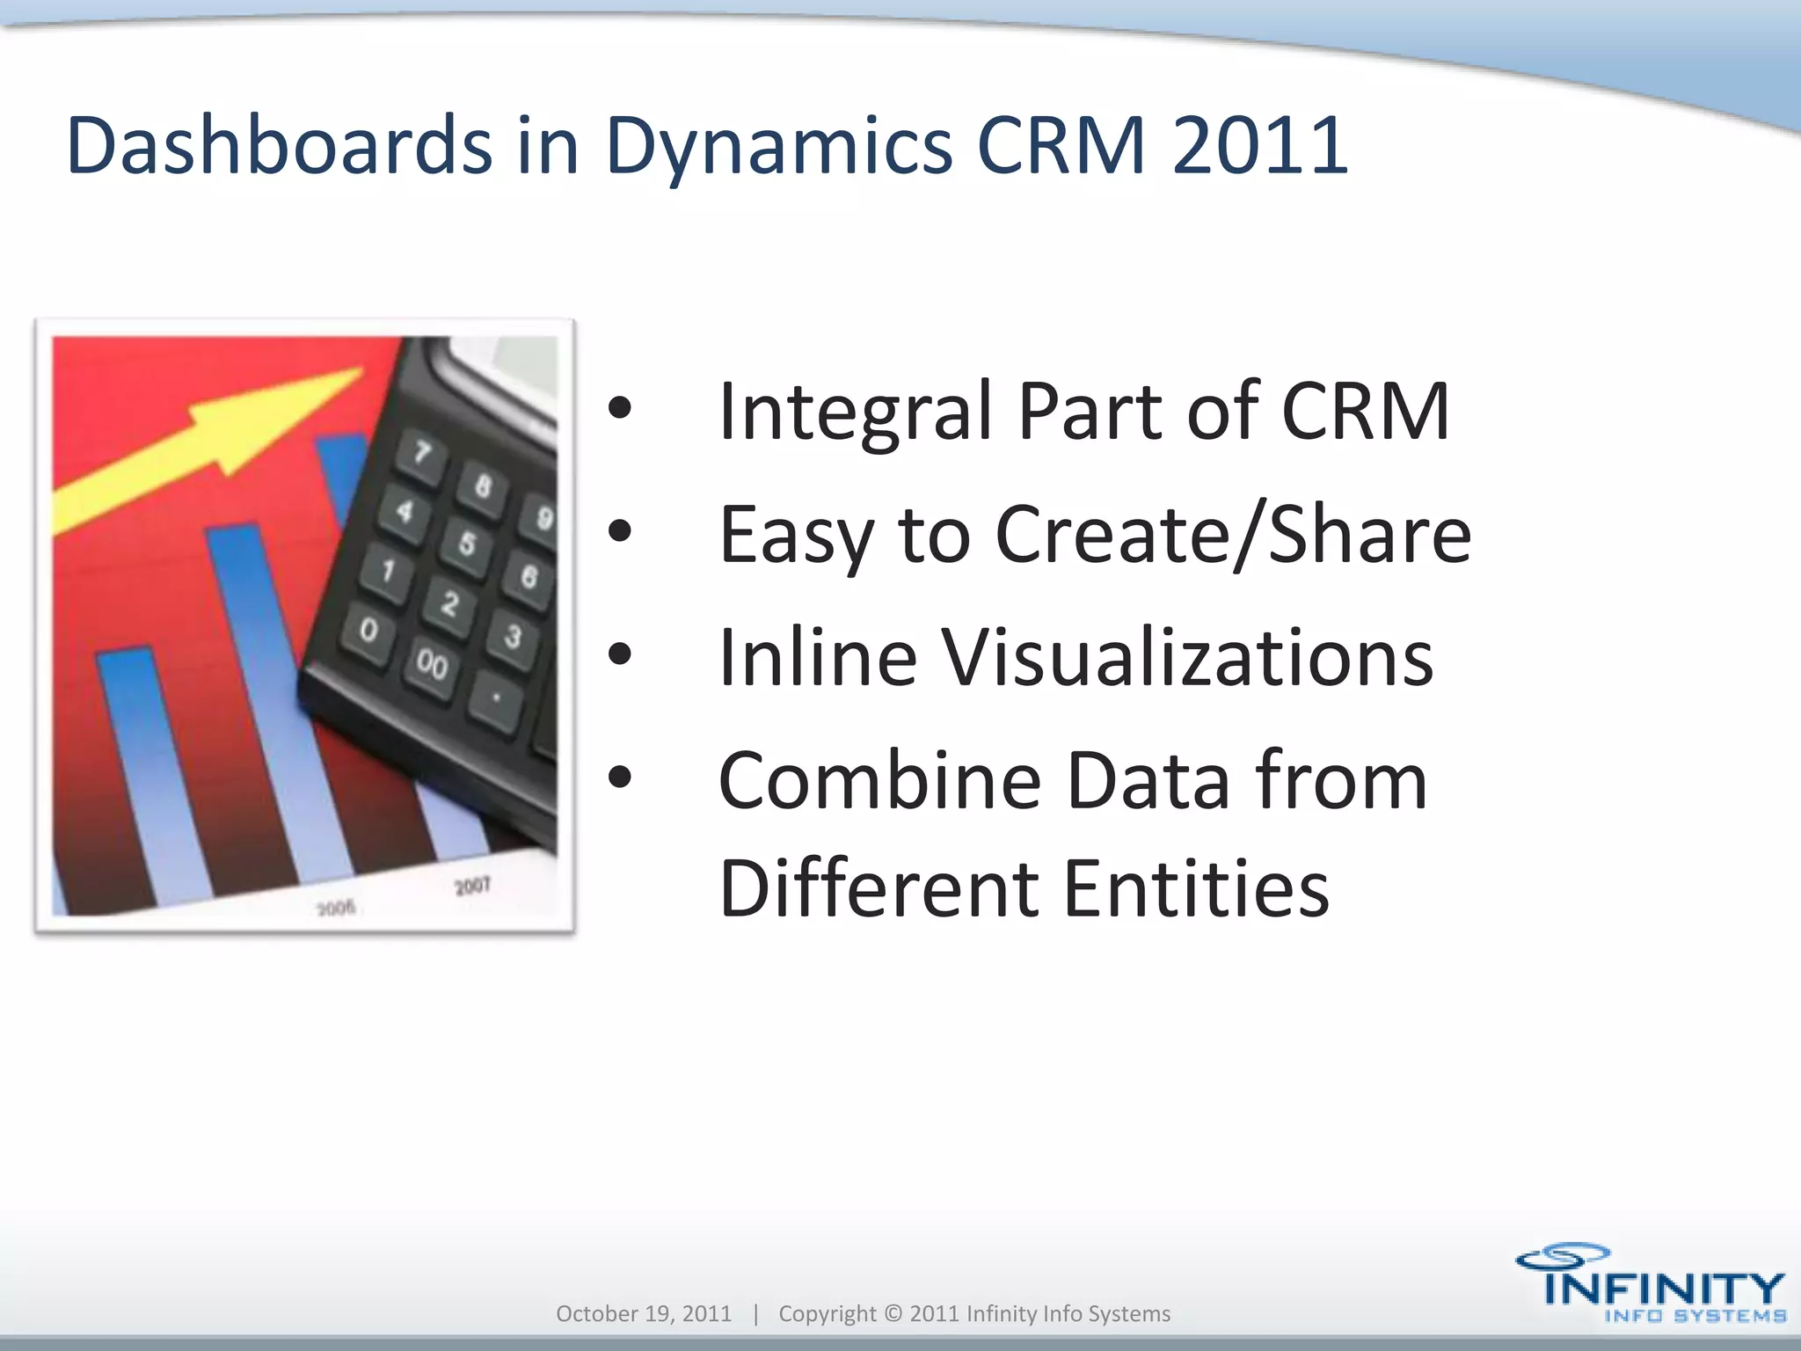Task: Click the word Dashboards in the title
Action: [279, 145]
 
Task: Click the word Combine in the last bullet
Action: [879, 780]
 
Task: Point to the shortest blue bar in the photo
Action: [149, 774]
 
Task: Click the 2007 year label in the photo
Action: [472, 886]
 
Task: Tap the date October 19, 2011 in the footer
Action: [644, 1313]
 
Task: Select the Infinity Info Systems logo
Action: [1650, 1283]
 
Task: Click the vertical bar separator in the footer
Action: [755, 1313]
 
